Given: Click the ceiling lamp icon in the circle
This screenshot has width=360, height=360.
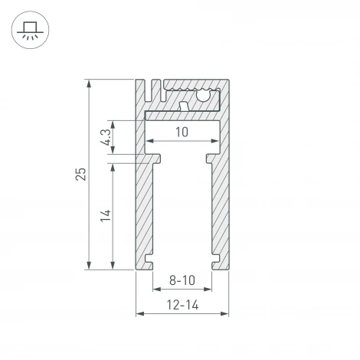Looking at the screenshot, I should pyautogui.click(x=31, y=31).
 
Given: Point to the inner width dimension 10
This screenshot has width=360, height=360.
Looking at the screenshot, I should pyautogui.click(x=182, y=133).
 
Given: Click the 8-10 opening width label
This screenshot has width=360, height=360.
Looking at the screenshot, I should pyautogui.click(x=182, y=280).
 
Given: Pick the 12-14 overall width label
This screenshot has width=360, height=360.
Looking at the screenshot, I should pyautogui.click(x=182, y=306).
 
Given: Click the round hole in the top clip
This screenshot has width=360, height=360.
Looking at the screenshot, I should pyautogui.click(x=205, y=95).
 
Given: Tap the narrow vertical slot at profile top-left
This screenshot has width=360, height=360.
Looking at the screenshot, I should pyautogui.click(x=152, y=90).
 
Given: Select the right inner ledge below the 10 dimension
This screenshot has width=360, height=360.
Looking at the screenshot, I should pyautogui.click(x=209, y=158).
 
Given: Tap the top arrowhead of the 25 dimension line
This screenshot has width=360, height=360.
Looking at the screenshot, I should pyautogui.click(x=90, y=82).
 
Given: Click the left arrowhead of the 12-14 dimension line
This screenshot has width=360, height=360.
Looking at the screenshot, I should pyautogui.click(x=139, y=314).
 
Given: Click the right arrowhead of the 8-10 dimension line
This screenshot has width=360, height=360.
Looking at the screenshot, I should pyautogui.click(x=208, y=290).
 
